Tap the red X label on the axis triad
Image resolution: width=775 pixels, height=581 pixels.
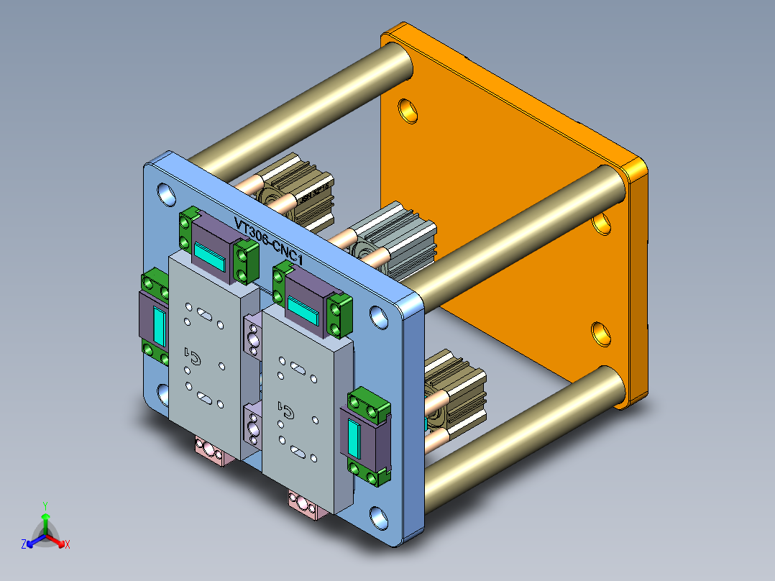point(68,545)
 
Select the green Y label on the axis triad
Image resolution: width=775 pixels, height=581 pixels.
point(45,505)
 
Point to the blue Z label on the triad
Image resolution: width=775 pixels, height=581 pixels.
point(24,545)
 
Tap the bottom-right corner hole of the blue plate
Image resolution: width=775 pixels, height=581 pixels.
point(378,516)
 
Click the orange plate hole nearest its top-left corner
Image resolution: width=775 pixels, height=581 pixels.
point(408,110)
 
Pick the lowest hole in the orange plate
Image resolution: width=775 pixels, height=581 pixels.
point(600,332)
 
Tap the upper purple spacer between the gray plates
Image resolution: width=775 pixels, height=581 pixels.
point(252,334)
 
